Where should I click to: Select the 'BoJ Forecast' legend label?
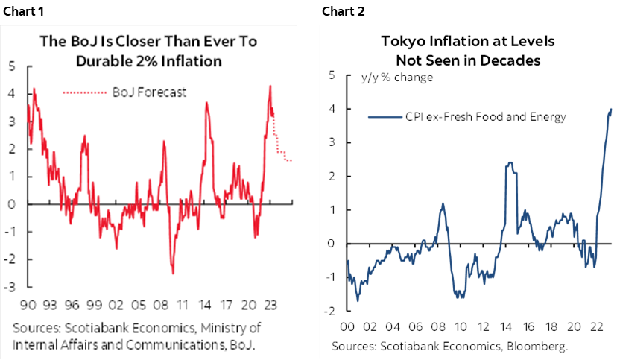coord(149,92)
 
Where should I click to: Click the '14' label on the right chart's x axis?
coord(504,326)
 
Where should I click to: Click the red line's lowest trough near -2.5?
coord(173,274)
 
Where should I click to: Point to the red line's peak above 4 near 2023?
coord(270,86)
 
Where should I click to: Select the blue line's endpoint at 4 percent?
coord(612,110)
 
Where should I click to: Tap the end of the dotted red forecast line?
coord(291,160)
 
